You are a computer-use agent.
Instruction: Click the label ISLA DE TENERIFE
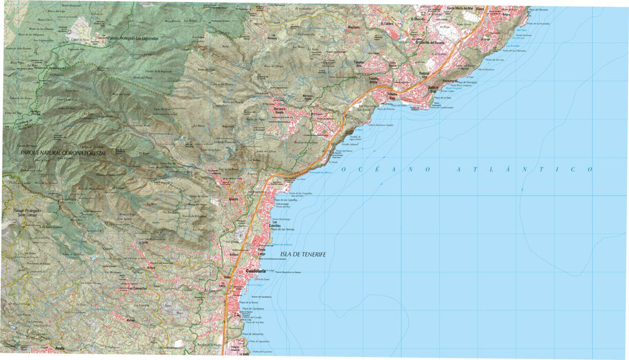click(x=303, y=254)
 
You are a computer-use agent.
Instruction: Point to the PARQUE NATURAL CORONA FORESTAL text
click(x=63, y=152)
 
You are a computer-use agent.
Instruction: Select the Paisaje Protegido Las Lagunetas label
click(x=134, y=38)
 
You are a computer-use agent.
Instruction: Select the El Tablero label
click(x=387, y=24)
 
